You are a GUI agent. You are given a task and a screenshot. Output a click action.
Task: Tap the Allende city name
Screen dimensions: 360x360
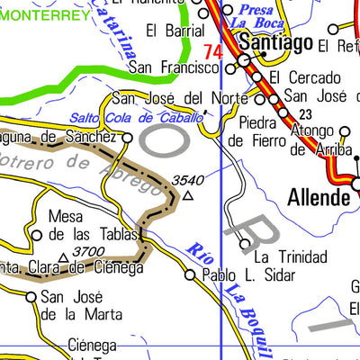point(318,197)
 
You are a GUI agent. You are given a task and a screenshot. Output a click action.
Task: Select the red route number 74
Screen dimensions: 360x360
point(213,53)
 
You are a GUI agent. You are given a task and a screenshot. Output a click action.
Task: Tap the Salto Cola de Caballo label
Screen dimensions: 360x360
point(135,118)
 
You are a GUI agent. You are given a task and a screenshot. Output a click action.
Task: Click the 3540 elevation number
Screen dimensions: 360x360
point(186,180)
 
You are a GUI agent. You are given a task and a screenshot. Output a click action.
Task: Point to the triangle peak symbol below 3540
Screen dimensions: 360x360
point(187,194)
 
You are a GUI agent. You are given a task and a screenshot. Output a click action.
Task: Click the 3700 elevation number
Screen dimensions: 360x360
point(88,252)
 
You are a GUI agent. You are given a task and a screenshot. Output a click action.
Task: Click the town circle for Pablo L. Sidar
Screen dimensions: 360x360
point(190,275)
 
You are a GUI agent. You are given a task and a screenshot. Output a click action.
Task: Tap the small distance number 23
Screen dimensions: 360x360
point(306,113)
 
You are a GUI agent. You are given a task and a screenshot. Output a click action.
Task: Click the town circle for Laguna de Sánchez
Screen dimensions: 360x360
point(128,138)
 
